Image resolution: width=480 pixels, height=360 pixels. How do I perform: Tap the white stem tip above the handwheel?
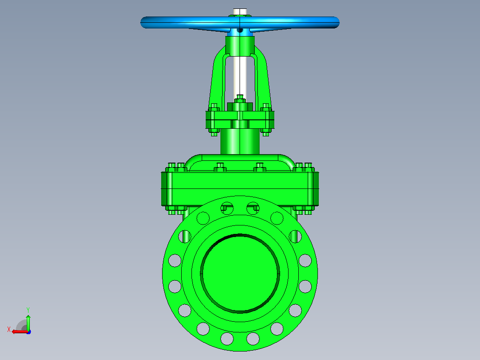coord(240,12)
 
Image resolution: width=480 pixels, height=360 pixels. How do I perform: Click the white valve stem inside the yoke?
coord(240,77)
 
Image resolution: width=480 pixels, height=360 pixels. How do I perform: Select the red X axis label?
coord(9,329)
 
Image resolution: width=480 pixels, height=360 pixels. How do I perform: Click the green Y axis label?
coord(28,310)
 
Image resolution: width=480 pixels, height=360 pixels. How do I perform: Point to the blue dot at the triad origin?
coord(29,332)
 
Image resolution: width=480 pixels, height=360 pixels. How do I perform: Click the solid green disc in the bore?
coord(240,274)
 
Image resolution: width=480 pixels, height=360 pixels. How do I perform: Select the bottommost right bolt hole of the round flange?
coord(253,339)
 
